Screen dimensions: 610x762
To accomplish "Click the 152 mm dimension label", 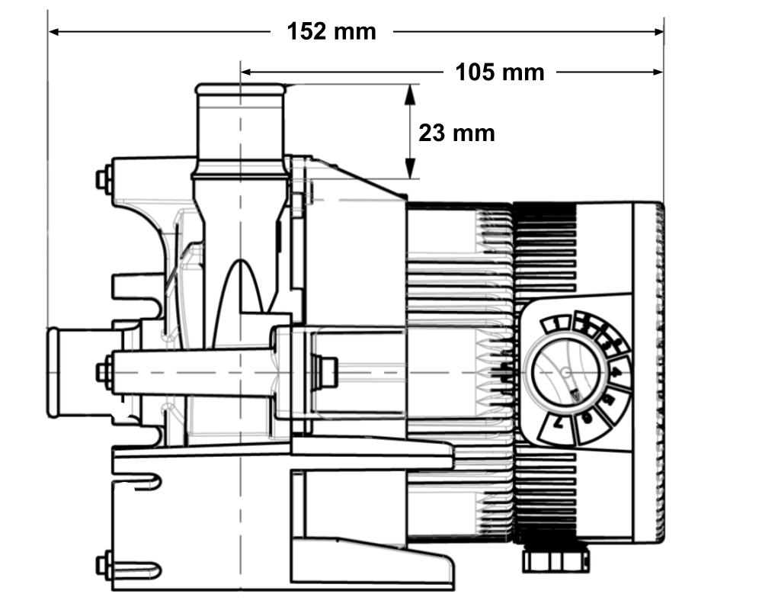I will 331,32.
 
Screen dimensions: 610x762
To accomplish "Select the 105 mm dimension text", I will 500,72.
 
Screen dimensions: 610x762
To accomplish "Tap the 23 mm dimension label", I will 456,133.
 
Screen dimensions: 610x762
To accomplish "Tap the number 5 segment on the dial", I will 609,401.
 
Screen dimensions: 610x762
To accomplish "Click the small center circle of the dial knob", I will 565,373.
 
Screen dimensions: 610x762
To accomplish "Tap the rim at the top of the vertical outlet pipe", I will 240,90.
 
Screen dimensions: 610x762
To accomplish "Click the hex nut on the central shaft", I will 328,372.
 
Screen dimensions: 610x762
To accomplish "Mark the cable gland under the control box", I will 554,560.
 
